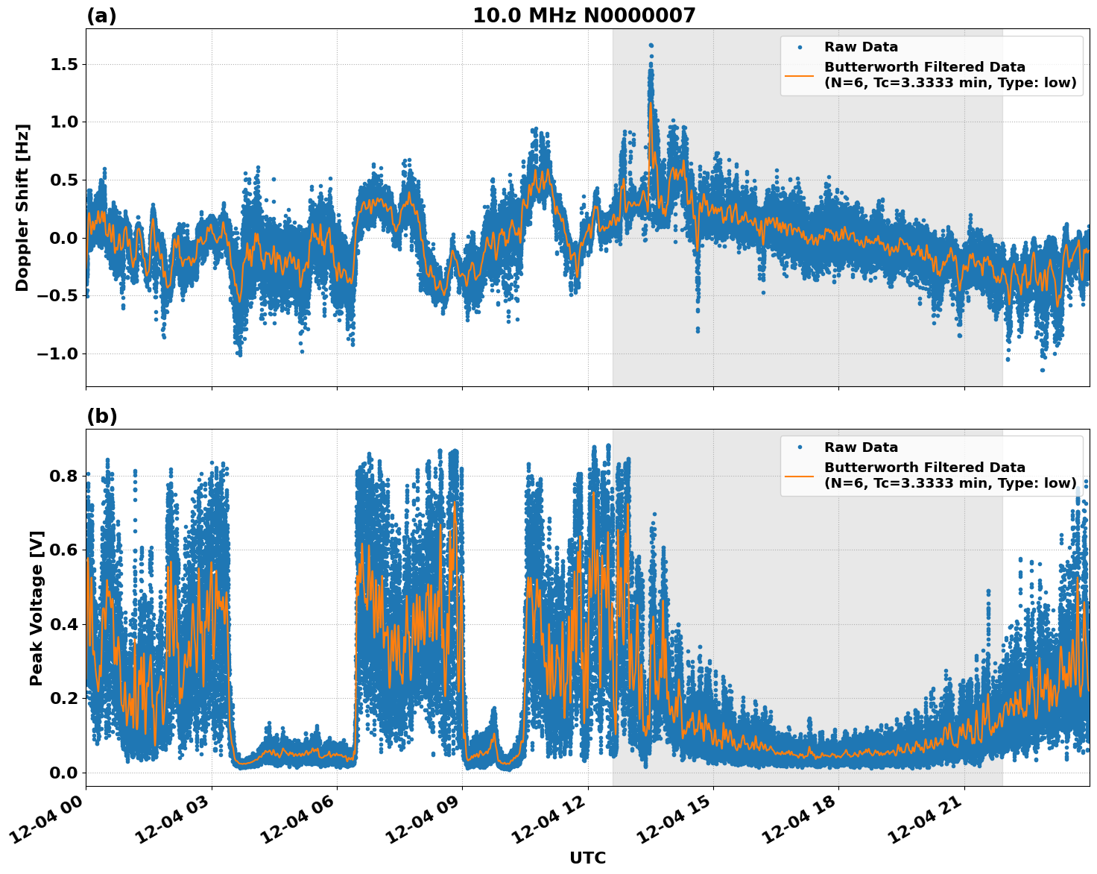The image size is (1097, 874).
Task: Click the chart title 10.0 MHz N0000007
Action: [x=584, y=16]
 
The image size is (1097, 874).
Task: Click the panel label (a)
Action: [x=101, y=16]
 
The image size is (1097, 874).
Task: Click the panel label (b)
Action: [x=101, y=416]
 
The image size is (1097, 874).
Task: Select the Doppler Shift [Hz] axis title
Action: [x=22, y=207]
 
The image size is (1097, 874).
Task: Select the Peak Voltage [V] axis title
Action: [x=37, y=608]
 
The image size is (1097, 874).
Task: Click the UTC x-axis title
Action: [x=587, y=858]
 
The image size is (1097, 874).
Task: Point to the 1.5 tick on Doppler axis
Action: [x=63, y=65]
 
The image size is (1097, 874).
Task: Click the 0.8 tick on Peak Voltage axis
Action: [x=63, y=476]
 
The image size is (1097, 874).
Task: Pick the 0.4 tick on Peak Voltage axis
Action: [x=63, y=624]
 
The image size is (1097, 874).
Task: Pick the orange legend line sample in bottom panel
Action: [x=800, y=475]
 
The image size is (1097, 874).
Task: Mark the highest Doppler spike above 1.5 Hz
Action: [x=651, y=45]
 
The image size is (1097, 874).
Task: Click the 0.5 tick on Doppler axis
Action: [x=63, y=180]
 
